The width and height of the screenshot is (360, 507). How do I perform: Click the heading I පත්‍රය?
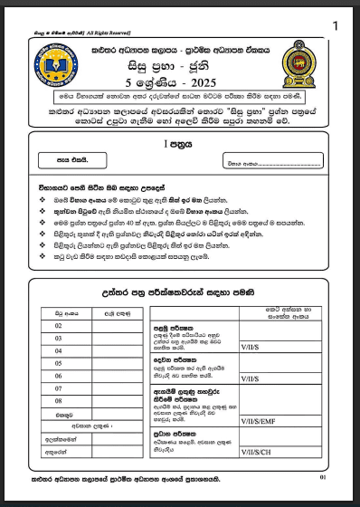coord(177,143)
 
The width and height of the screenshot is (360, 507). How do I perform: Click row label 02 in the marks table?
coord(58,325)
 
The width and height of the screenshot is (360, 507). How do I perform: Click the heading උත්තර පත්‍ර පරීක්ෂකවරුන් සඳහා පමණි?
coord(177,292)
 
